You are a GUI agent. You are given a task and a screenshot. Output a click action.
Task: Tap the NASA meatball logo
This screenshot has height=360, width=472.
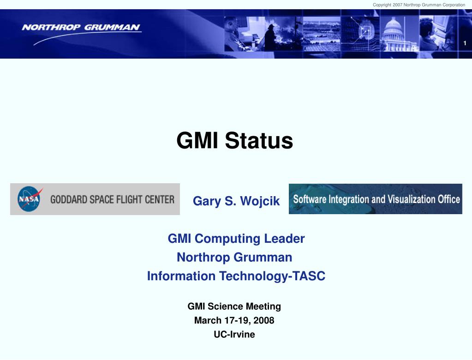[30, 198]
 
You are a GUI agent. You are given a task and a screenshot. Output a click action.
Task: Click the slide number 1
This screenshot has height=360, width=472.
[465, 43]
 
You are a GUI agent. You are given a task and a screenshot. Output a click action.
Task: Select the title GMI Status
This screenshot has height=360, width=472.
[234, 141]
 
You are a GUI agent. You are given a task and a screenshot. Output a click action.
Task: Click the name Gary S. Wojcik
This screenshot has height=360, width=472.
[236, 201]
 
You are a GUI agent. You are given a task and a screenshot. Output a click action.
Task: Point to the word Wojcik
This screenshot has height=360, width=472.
[260, 201]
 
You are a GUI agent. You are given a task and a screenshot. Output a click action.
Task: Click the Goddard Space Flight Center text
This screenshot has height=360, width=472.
[112, 199]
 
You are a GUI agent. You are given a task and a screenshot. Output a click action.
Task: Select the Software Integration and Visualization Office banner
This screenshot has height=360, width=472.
[376, 199]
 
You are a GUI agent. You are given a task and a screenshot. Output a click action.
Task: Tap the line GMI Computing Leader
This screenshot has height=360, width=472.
[236, 239]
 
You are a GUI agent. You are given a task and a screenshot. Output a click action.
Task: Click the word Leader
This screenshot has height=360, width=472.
[285, 239]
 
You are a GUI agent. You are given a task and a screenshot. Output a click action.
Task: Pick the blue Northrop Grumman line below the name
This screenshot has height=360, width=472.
[234, 258]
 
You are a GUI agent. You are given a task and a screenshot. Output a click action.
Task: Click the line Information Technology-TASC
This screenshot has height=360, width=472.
[236, 276]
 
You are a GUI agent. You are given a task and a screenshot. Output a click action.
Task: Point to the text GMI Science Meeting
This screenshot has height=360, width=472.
[234, 306]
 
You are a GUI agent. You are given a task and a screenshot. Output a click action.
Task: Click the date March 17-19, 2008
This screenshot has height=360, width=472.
[234, 320]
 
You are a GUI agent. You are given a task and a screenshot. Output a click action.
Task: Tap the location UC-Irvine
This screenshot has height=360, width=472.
[234, 334]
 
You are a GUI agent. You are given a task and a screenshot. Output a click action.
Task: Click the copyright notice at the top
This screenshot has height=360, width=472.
[419, 5]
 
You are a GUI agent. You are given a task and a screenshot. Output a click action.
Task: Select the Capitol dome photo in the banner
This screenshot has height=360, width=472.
[399, 34]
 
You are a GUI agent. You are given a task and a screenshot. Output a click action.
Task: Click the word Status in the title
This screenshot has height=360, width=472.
[259, 141]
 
